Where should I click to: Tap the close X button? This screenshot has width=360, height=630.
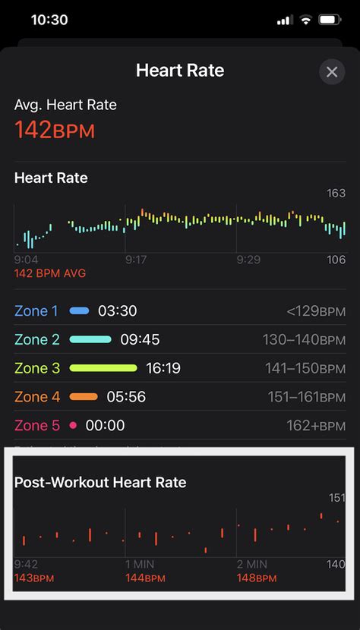[x=332, y=72]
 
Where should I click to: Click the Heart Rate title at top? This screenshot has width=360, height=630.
[x=180, y=71]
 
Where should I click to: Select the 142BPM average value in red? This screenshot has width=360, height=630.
[x=55, y=131]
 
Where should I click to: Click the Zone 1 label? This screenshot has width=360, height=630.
[x=36, y=310]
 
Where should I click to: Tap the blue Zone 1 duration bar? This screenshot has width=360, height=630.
[x=79, y=310]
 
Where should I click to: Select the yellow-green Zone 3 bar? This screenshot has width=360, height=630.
[x=103, y=368]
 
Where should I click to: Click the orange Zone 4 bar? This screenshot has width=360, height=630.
[x=84, y=397]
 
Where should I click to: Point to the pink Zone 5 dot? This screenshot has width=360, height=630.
[x=73, y=426]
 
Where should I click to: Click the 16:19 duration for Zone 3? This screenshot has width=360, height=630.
[x=163, y=368]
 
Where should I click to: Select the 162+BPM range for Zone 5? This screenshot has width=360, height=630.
[x=316, y=426]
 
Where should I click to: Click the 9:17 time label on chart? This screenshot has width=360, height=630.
[x=136, y=260]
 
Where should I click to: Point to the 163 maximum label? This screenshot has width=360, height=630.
[x=336, y=194]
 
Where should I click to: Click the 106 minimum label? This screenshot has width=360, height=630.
[x=336, y=260]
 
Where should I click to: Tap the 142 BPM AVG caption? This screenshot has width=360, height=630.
[x=50, y=273]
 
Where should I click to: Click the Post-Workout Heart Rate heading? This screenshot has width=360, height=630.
[x=100, y=482]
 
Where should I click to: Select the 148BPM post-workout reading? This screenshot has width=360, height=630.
[x=256, y=578]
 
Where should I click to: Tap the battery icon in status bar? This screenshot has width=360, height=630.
[x=330, y=20]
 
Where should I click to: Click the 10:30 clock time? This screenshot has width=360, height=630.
[x=49, y=20]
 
